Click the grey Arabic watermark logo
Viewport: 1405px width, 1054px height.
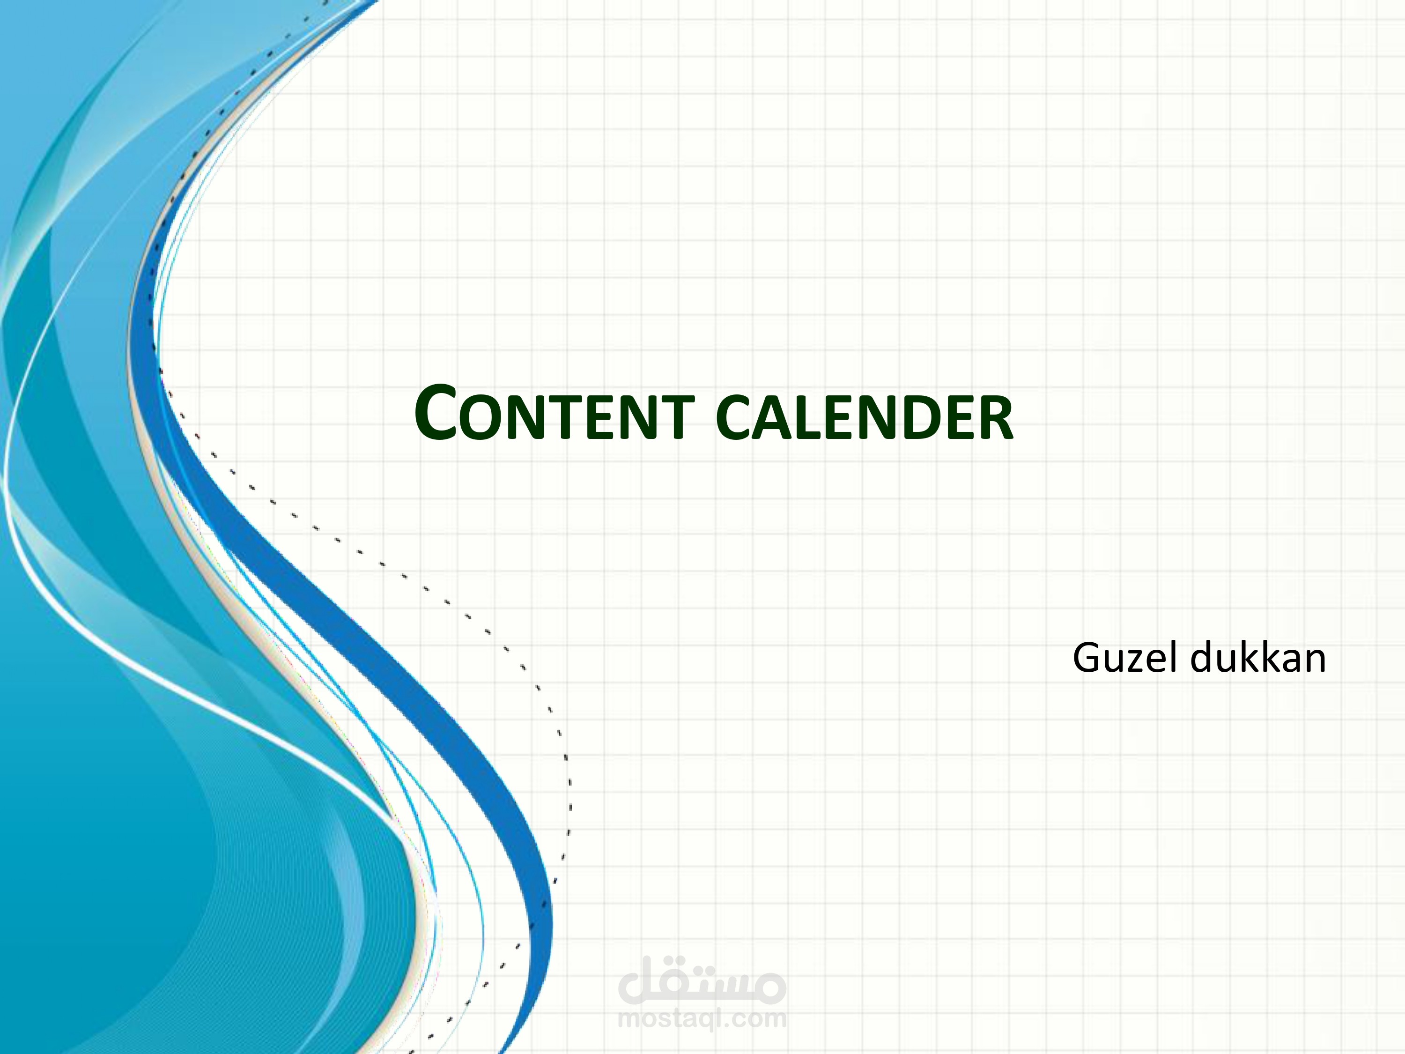point(702,981)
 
